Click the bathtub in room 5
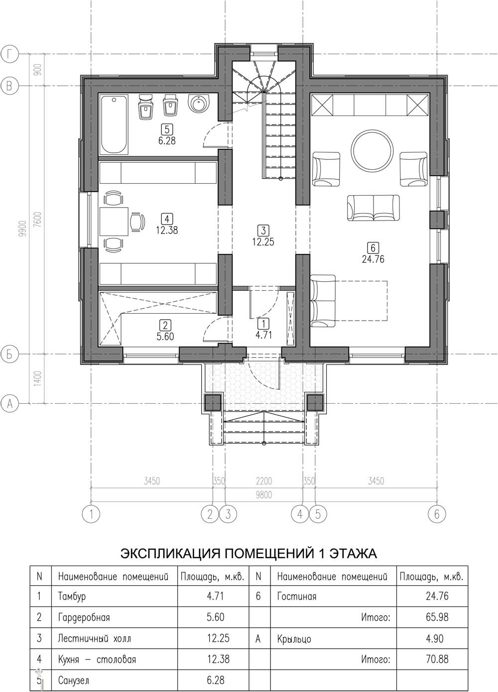point(114,124)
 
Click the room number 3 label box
point(263,231)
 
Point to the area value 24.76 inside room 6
point(373,259)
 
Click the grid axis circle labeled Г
point(10,55)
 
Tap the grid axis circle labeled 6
point(437,514)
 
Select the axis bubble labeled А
point(10,403)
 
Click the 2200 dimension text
point(264,481)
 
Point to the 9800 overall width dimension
point(264,495)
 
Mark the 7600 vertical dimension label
point(38,220)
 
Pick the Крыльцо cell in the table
point(294,645)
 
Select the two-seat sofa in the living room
point(373,208)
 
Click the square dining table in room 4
point(114,222)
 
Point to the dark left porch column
point(213,402)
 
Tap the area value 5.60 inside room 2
point(165,336)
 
